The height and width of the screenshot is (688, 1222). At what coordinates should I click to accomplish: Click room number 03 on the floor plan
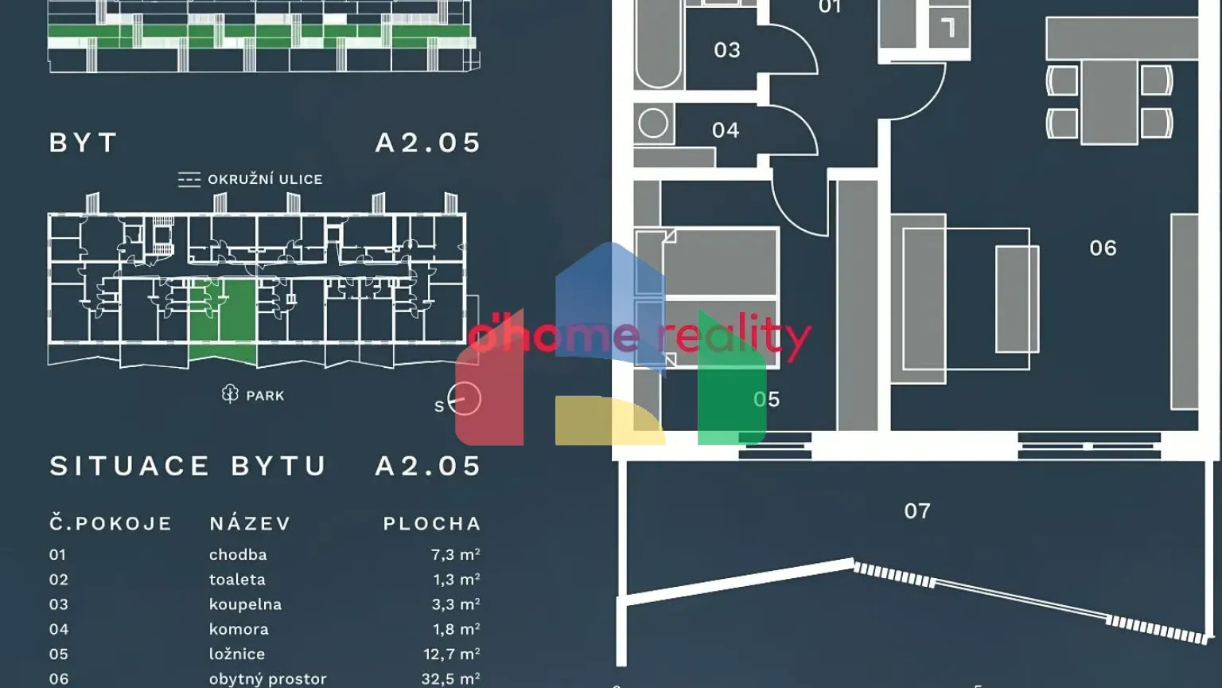726,50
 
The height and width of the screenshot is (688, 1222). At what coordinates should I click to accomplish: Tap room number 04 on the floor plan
725,130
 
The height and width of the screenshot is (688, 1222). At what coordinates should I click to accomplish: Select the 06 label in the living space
1103,248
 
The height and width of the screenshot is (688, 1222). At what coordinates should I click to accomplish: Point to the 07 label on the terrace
916,511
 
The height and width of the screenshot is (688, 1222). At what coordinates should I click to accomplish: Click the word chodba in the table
238,555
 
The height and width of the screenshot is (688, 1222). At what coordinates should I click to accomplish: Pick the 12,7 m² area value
451,655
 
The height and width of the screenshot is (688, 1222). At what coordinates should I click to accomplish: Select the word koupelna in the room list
245,604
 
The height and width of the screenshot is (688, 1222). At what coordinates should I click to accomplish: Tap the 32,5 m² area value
451,679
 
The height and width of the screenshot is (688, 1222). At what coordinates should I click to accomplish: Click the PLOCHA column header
432,524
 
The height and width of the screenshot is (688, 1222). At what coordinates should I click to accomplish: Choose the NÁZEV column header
251,524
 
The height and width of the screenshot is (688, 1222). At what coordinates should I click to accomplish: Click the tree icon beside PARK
230,394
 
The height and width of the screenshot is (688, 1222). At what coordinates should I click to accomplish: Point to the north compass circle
465,399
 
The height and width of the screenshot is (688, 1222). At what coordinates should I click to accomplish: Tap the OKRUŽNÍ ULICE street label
265,180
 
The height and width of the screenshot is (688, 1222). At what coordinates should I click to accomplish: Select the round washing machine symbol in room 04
653,124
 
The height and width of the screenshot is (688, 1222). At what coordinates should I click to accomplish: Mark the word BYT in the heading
84,143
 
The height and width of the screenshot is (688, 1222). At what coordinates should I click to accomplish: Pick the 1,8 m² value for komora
456,629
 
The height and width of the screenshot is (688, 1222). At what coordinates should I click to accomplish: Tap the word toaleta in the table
237,580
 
